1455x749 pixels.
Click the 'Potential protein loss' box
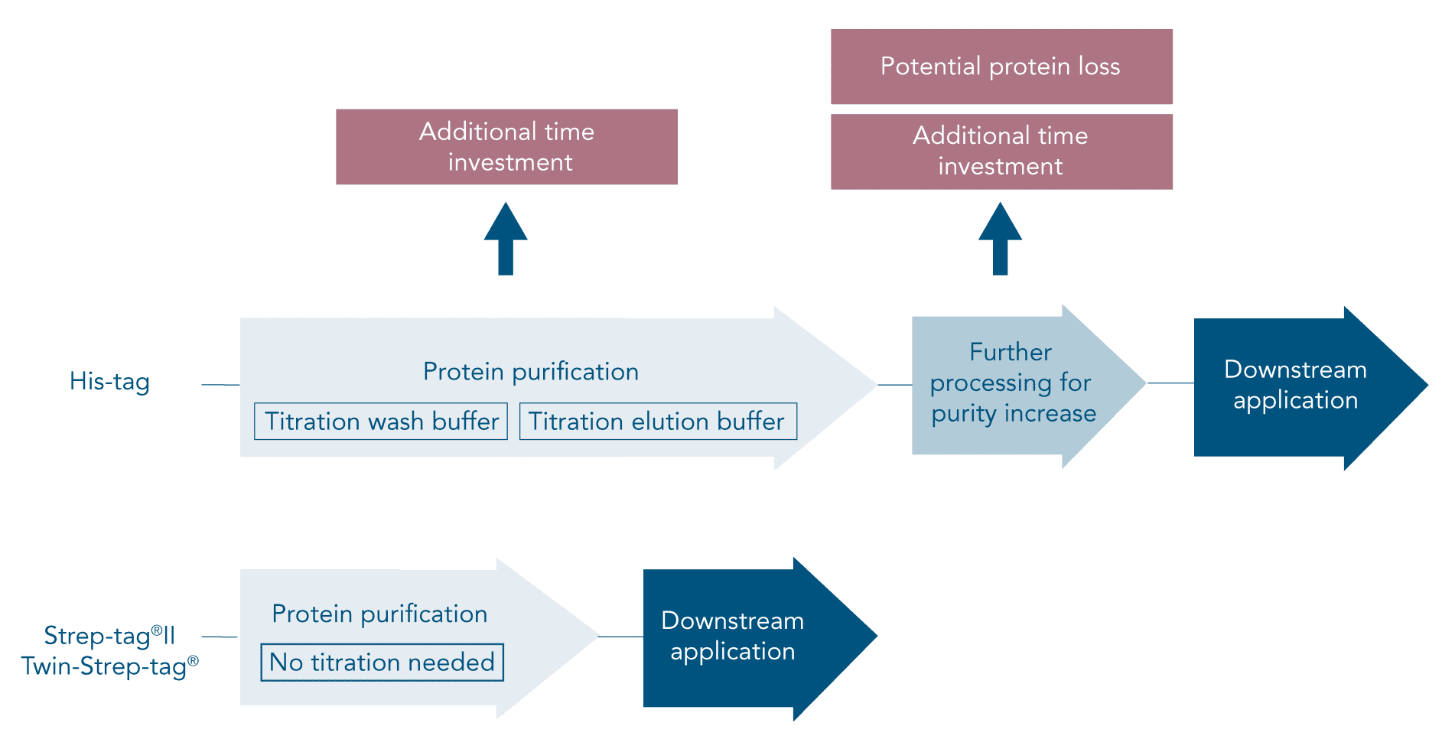1001,67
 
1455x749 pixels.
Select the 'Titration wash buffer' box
381,422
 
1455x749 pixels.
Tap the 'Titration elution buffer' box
658,422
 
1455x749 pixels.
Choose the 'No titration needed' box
382,663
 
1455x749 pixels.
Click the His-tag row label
109,381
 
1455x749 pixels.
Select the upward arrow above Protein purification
506,239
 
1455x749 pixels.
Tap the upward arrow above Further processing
1000,239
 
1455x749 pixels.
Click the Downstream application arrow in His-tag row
1297,386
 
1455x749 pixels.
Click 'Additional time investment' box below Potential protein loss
1001,151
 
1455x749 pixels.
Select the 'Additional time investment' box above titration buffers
506,147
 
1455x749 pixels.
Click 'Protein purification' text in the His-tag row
531,372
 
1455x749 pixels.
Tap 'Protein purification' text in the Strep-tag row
379,614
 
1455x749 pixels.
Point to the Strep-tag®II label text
109,636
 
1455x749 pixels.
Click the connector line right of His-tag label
220,385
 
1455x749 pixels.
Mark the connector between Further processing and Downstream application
1170,383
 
